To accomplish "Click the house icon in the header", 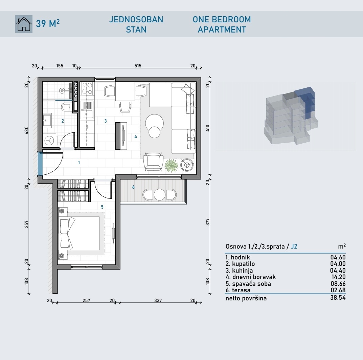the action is (24, 24).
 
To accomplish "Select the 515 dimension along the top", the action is (138, 66).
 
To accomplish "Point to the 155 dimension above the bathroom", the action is (60, 66).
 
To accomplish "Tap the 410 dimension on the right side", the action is (207, 128).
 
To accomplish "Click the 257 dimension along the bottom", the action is (86, 300).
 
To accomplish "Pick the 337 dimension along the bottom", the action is (158, 300).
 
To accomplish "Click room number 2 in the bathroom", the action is (63, 121).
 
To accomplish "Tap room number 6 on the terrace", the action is (133, 187).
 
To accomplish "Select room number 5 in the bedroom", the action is (102, 207).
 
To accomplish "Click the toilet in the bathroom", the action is (66, 107).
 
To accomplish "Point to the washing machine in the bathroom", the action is (49, 140).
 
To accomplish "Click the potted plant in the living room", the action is (172, 166).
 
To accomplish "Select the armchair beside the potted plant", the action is (153, 162).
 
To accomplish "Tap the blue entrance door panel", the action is (40, 164).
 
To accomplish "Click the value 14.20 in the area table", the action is (338, 277).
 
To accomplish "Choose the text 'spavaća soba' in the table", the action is (251, 283).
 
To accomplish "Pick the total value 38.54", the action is (338, 298).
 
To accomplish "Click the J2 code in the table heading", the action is (294, 246).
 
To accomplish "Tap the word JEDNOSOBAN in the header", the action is (136, 19).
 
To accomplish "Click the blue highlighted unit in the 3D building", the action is (305, 102).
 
